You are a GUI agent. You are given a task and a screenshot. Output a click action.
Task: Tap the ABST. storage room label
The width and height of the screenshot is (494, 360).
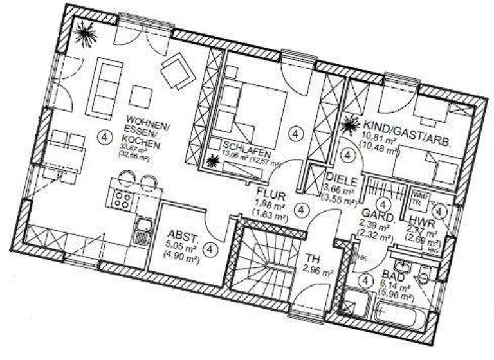[181, 236]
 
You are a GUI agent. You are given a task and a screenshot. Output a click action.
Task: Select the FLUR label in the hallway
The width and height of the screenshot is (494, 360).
[266, 192]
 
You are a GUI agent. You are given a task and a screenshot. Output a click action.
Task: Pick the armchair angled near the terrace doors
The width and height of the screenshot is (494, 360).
[178, 70]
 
